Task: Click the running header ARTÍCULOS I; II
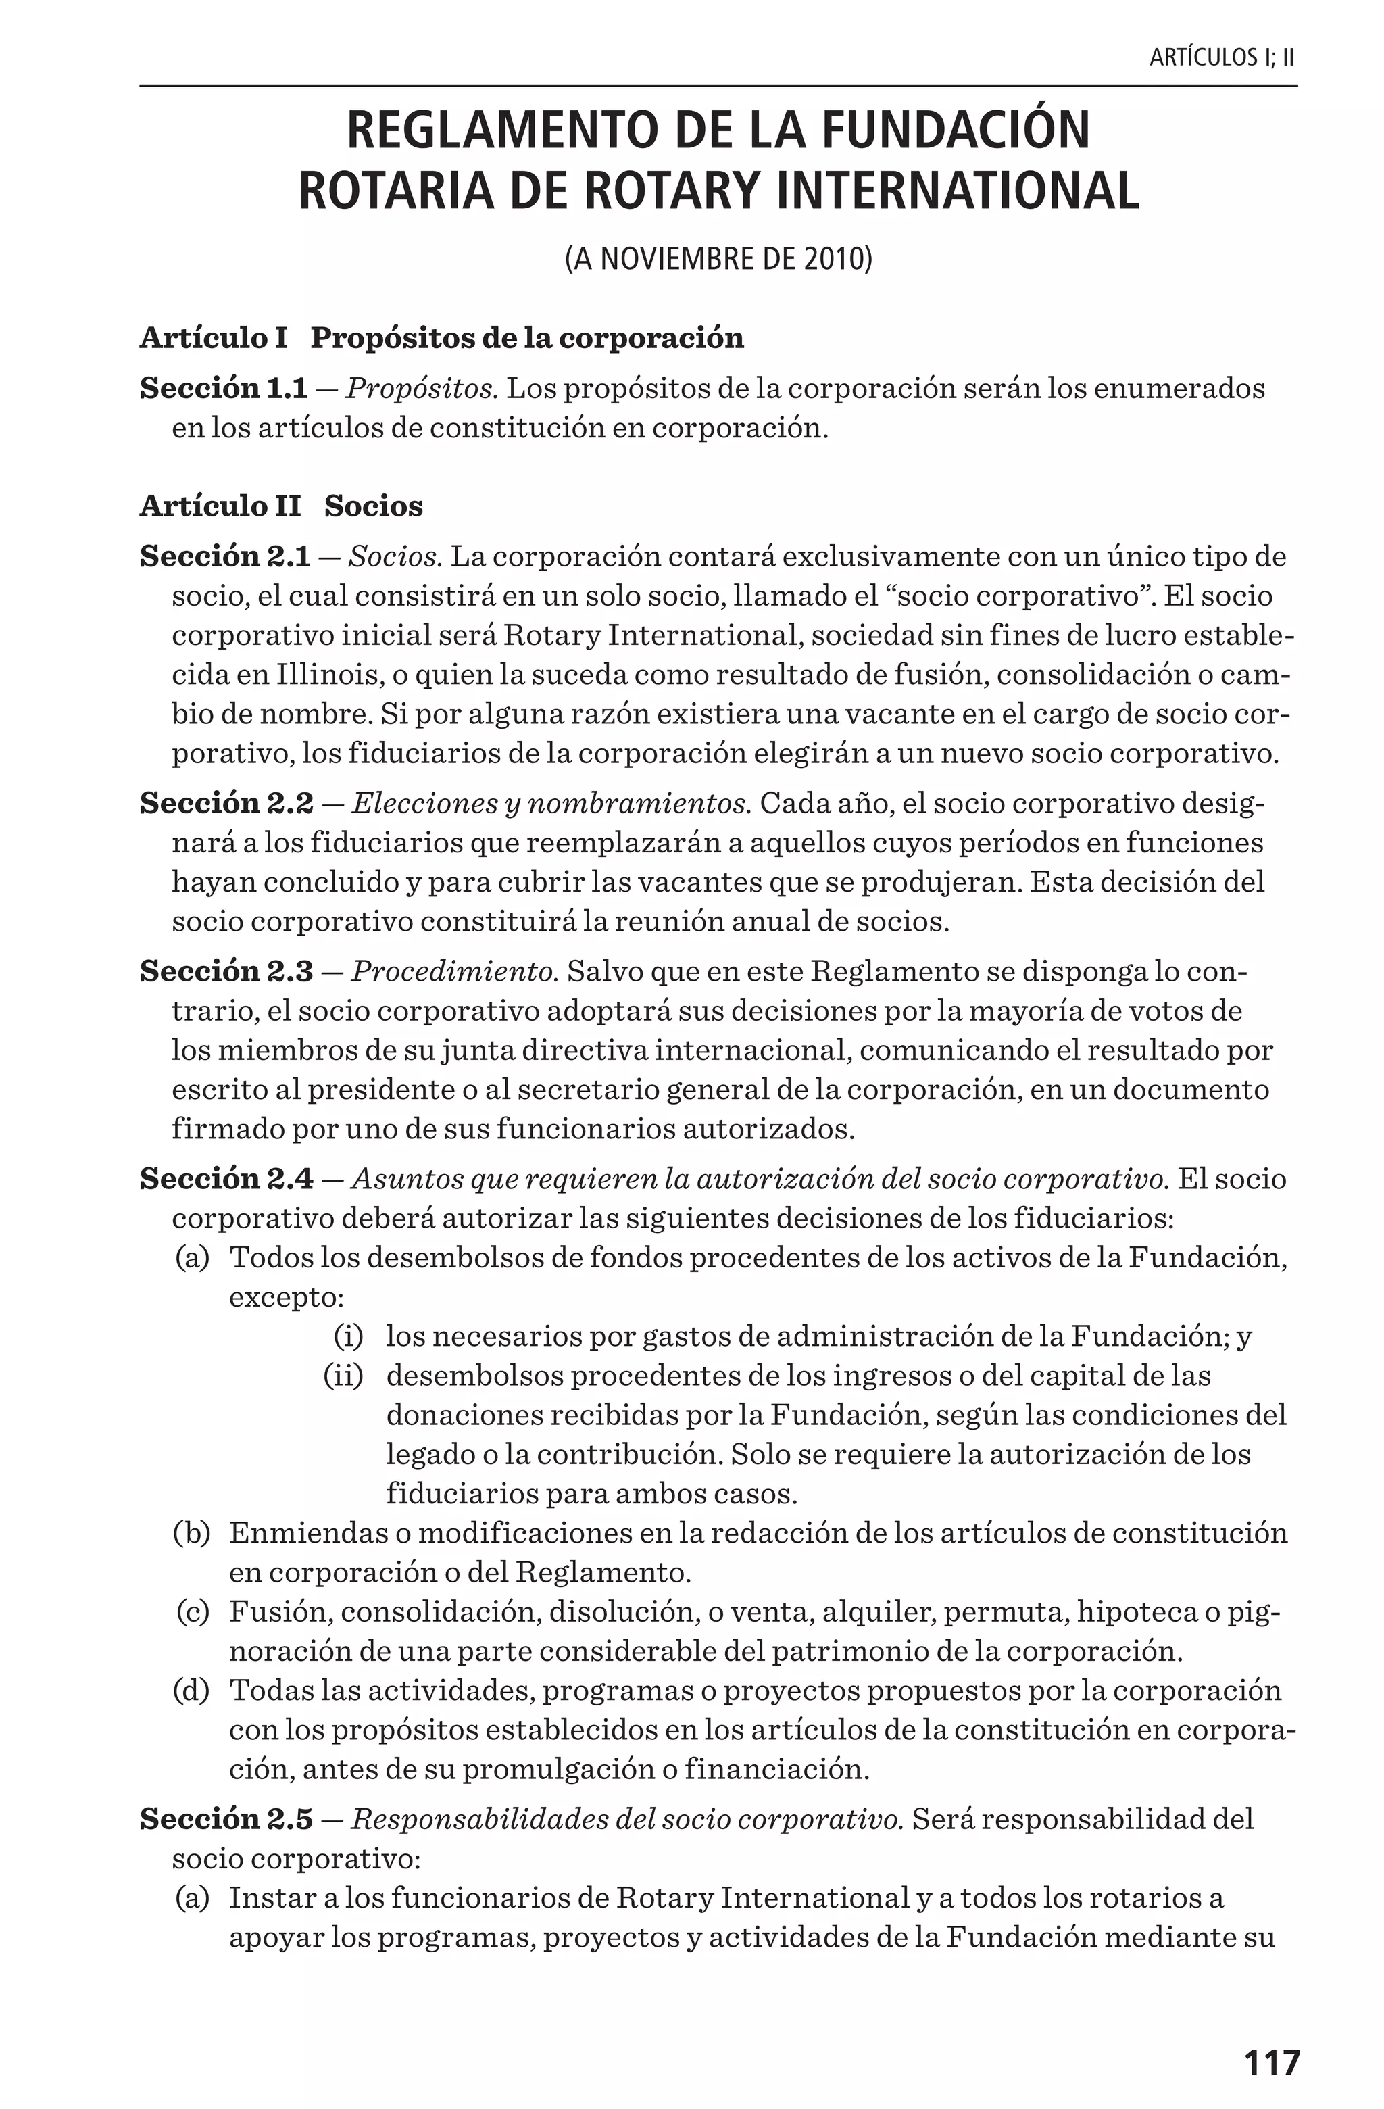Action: point(1222,59)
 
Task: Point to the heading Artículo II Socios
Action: point(281,506)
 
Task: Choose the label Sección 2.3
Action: point(226,971)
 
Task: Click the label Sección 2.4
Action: point(226,1179)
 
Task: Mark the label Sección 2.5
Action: point(226,1818)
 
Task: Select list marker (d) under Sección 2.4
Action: point(191,1690)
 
